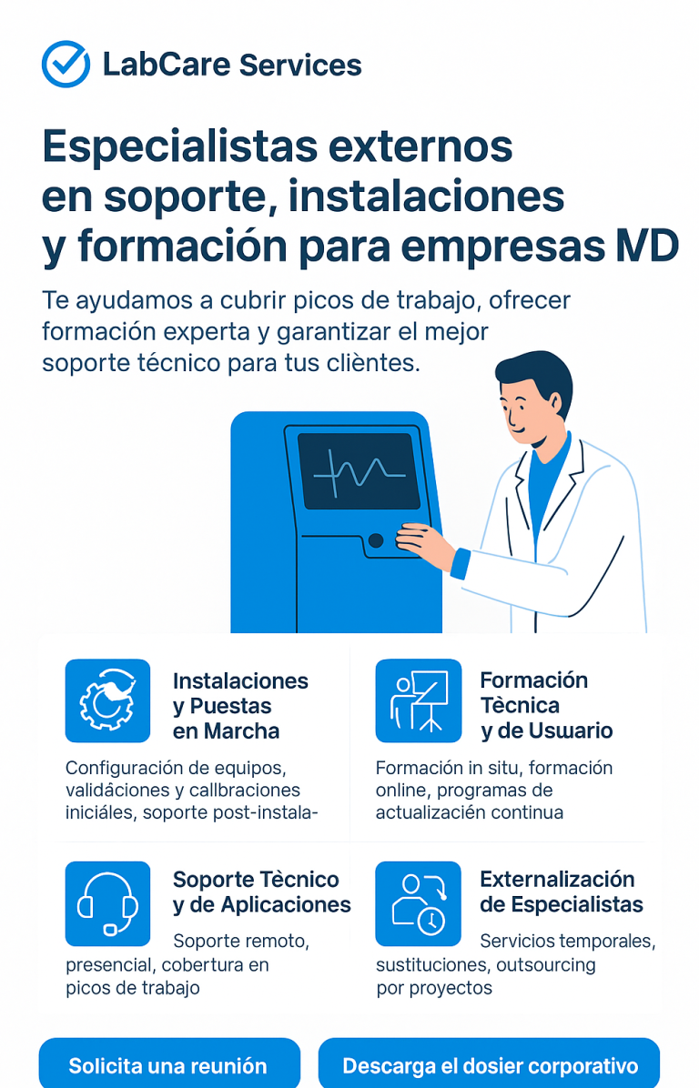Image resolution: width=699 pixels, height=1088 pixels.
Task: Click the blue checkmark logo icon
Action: [66, 65]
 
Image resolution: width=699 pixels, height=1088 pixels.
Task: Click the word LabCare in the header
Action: [167, 65]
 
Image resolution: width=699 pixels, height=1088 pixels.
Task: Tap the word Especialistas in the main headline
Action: [180, 148]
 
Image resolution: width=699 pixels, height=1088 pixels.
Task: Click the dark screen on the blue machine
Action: [358, 470]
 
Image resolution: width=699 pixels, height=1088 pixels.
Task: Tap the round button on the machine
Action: [376, 540]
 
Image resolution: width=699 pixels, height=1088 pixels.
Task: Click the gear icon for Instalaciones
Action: [107, 700]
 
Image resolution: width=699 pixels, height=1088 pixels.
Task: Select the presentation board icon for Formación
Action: [419, 700]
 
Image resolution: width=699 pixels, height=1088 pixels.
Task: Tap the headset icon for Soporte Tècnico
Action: [107, 903]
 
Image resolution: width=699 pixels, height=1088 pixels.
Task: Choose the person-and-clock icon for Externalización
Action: [419, 903]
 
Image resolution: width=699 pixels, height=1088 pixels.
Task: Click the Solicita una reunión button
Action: [168, 1063]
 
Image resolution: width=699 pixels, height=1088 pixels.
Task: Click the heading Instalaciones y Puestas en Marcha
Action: [240, 706]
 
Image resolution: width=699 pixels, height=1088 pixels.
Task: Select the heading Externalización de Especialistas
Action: [561, 892]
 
